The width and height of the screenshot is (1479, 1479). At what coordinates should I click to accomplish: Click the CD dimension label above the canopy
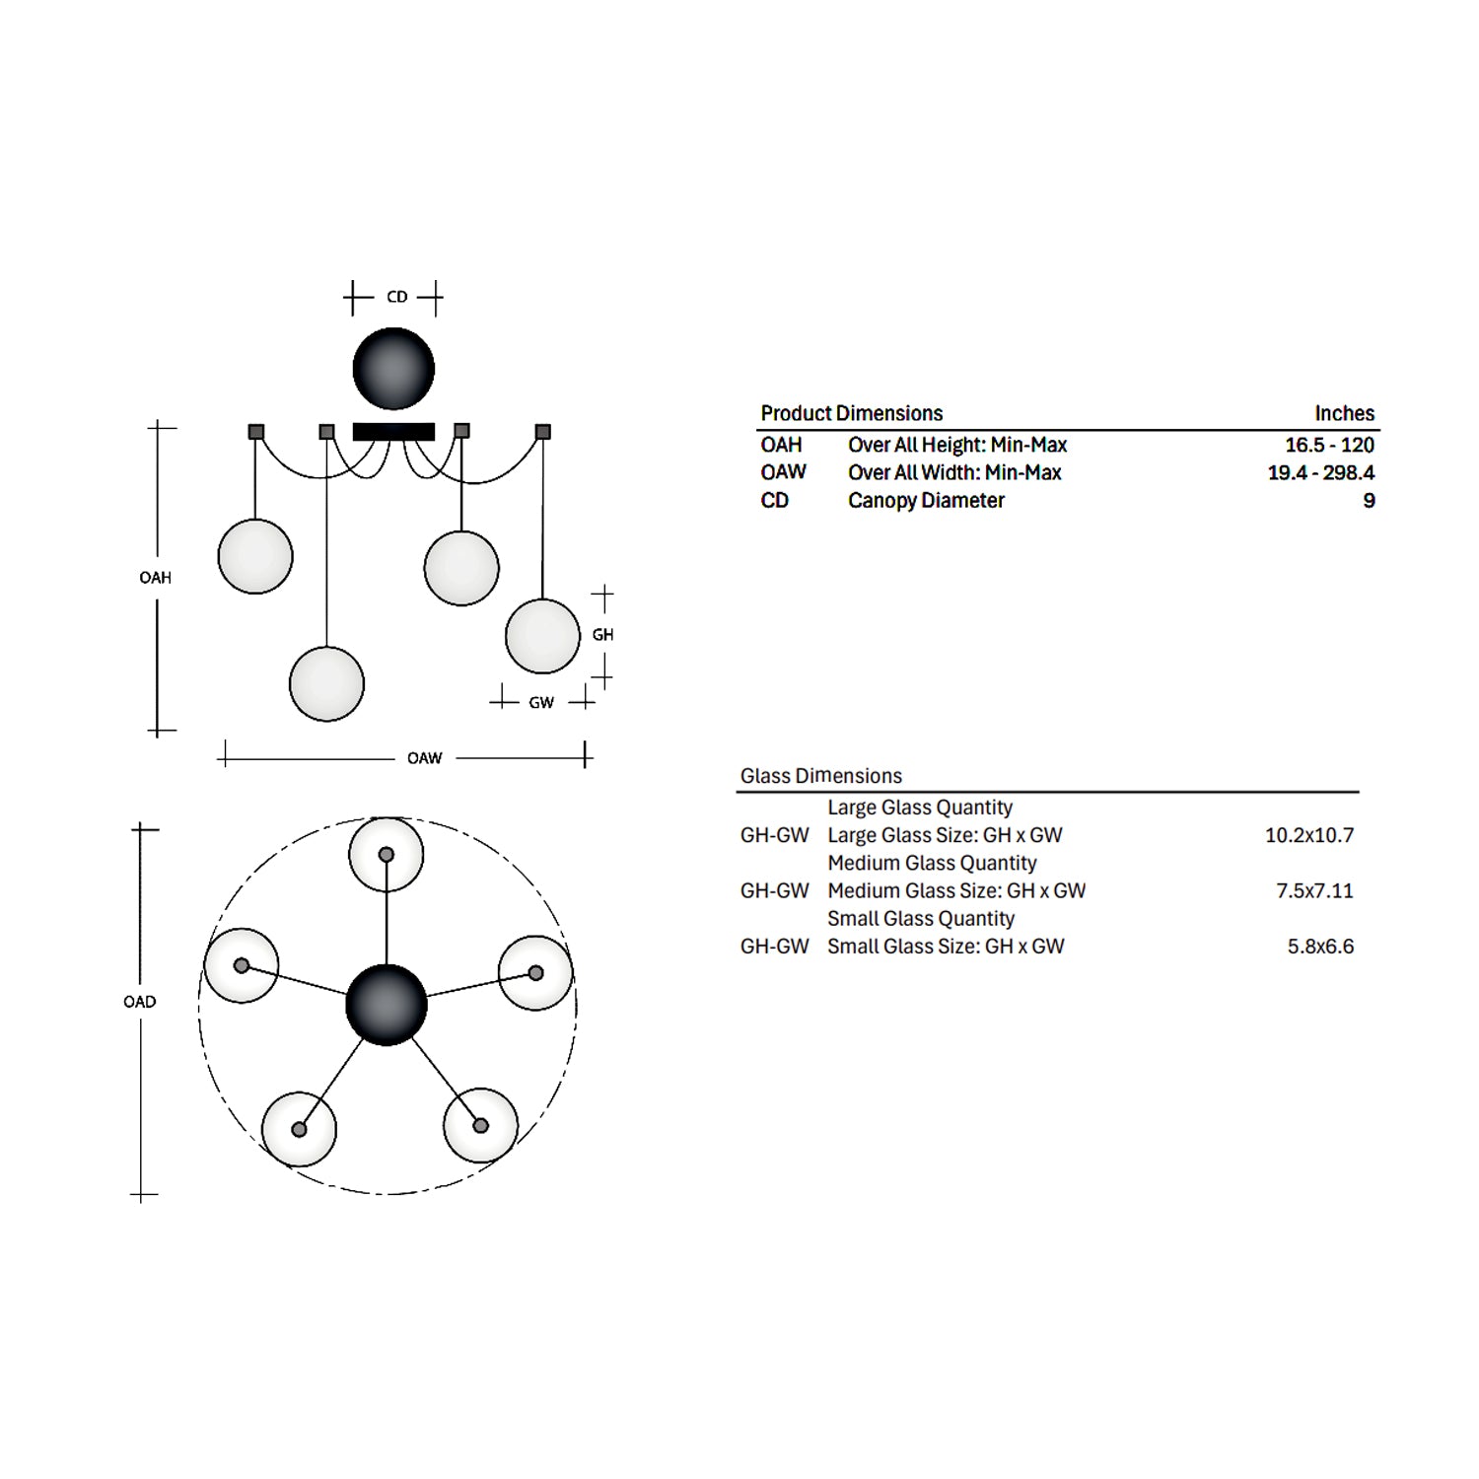397,297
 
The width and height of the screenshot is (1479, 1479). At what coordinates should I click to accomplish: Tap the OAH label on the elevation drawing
156,578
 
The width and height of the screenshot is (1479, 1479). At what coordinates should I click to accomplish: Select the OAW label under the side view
425,758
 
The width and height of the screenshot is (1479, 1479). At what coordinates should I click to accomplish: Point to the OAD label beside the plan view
140,1002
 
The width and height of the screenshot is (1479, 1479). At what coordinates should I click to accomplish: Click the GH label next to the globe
603,635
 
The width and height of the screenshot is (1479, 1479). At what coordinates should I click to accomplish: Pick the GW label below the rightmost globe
541,703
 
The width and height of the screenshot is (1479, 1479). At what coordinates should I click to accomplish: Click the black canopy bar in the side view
393,432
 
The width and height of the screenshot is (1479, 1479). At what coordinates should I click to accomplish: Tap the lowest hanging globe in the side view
326,684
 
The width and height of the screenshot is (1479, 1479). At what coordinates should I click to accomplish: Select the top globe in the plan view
387,855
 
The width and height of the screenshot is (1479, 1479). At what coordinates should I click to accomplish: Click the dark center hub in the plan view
387,1005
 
